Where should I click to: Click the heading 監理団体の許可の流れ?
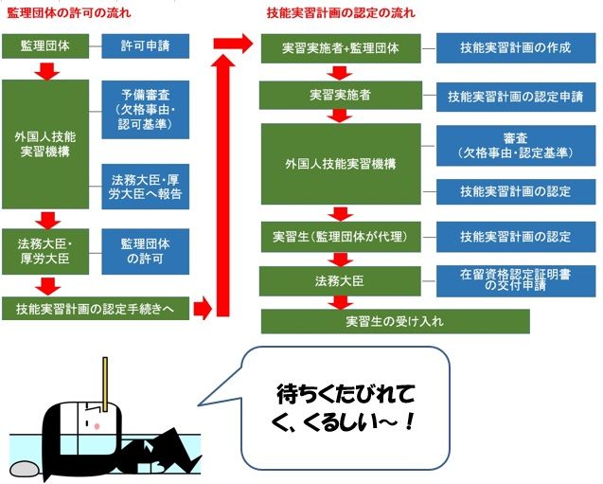click(x=69, y=13)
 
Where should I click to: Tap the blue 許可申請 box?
click(x=145, y=45)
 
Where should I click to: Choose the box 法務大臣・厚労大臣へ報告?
click(x=145, y=187)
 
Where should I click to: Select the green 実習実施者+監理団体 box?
click(x=341, y=47)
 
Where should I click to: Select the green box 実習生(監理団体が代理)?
click(x=341, y=236)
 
